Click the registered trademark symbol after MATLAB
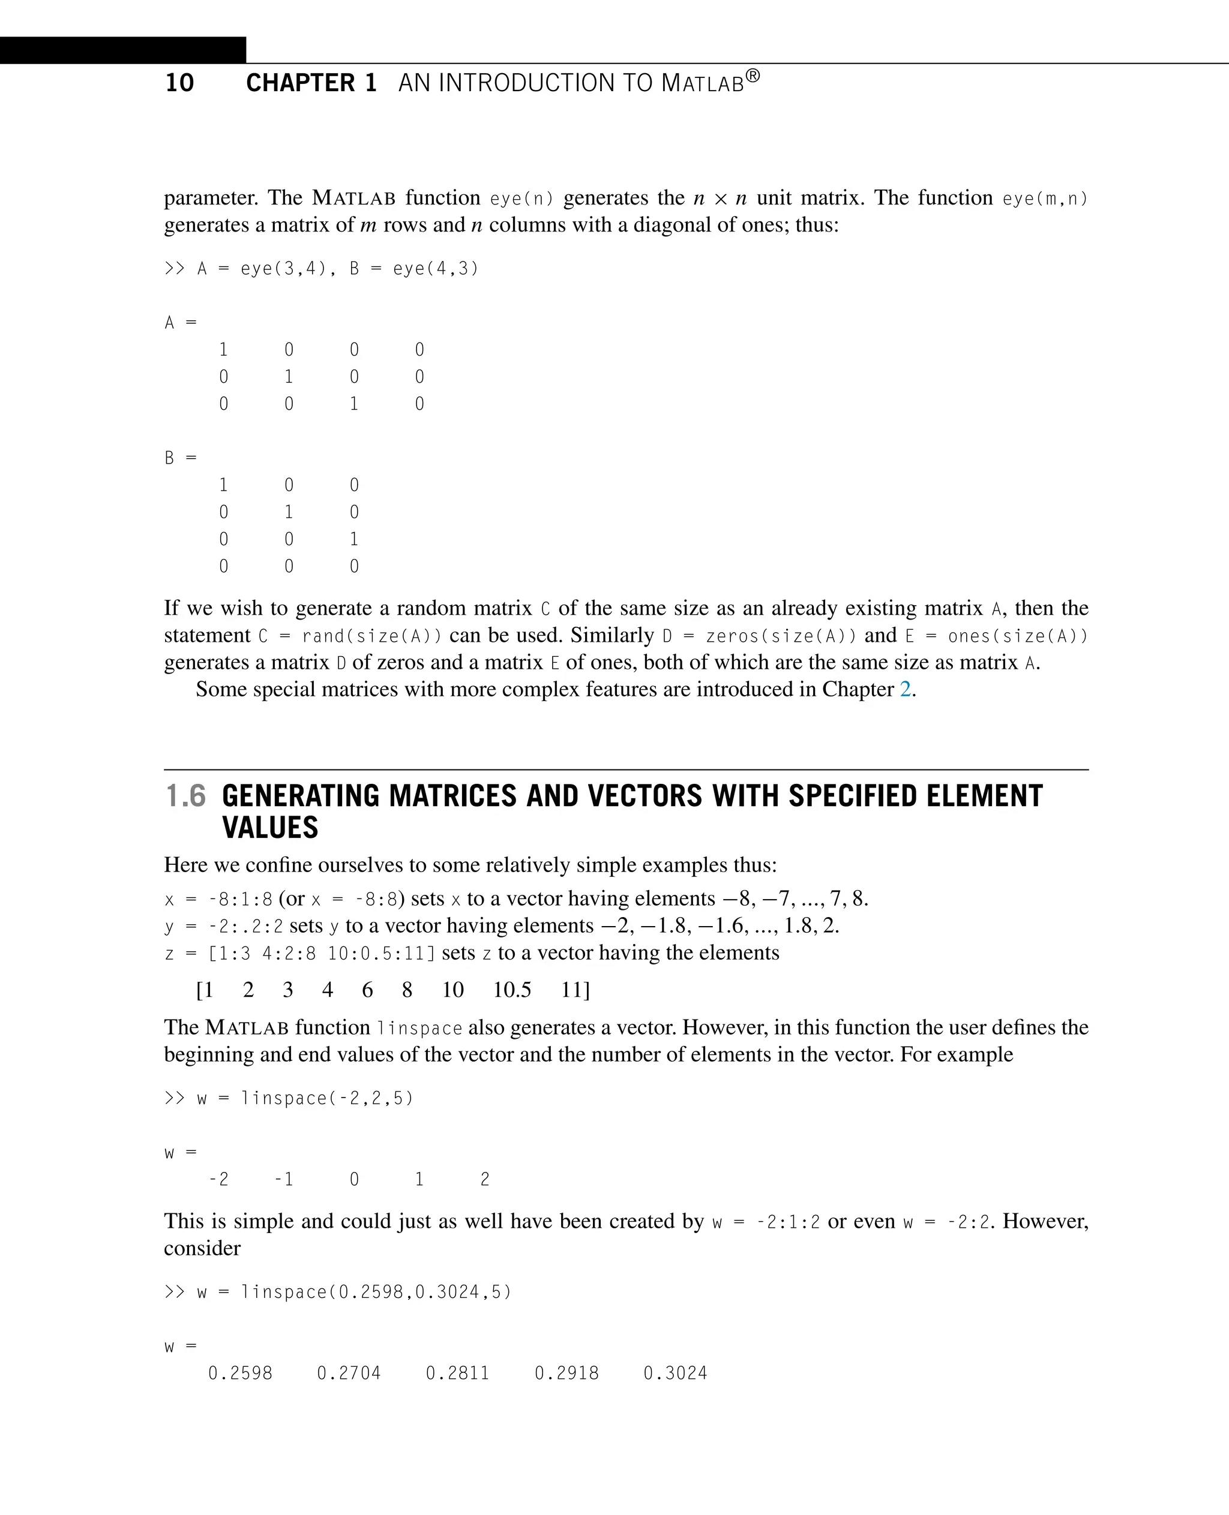pyautogui.click(x=753, y=76)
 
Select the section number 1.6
pyautogui.click(x=185, y=796)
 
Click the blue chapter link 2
pyautogui.click(x=905, y=689)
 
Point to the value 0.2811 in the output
pyautogui.click(x=457, y=1373)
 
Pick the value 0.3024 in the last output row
pyautogui.click(x=675, y=1373)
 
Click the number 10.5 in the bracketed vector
pyautogui.click(x=511, y=990)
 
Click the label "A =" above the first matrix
pyautogui.click(x=180, y=323)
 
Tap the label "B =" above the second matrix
pyautogui.click(x=180, y=459)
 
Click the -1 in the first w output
pyautogui.click(x=284, y=1180)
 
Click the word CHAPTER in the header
pyautogui.click(x=300, y=83)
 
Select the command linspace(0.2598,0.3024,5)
pyautogui.click(x=375, y=1292)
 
